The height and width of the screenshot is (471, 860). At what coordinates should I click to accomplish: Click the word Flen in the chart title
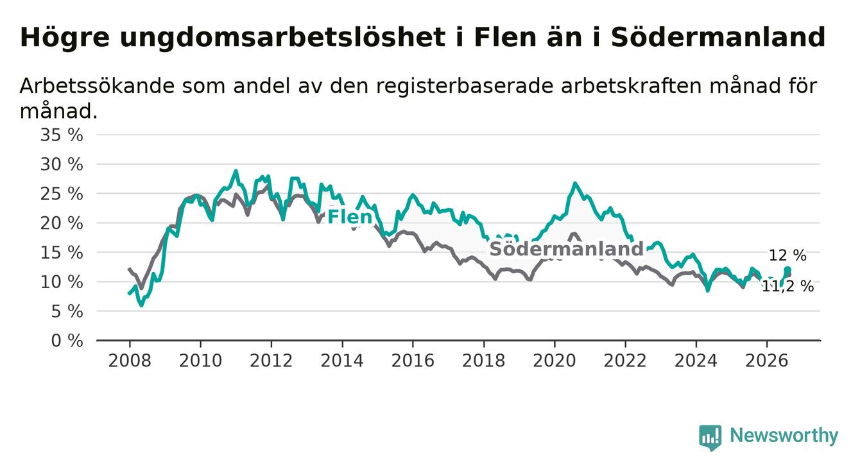point(504,37)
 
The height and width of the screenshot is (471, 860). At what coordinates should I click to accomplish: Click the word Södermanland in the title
point(718,37)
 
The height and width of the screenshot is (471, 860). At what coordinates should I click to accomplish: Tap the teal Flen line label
point(350,217)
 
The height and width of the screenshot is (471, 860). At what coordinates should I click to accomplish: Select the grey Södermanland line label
point(566,249)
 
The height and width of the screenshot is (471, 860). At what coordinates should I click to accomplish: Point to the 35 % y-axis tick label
point(62,135)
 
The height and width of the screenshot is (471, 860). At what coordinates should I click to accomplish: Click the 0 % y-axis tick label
point(67,341)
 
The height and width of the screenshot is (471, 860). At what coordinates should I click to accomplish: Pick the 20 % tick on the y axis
point(62,223)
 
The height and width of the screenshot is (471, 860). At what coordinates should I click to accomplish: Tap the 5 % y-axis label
point(67,311)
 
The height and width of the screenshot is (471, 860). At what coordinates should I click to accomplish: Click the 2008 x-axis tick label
point(130,361)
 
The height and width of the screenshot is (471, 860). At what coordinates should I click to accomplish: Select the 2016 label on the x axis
point(413,361)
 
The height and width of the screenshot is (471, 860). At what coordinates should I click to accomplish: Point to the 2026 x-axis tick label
point(767,361)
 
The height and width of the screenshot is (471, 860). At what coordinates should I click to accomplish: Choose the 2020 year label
point(555,361)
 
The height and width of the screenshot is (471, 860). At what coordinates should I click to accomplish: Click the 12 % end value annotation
point(787,255)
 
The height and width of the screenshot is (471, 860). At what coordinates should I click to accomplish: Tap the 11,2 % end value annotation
point(787,286)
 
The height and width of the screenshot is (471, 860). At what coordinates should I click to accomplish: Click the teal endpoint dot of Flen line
point(787,270)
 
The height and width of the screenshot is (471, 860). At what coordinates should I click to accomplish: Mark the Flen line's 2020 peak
point(575,184)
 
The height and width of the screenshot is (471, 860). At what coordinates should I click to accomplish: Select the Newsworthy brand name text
point(784,436)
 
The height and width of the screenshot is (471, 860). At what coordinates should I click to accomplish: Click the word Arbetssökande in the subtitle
point(98,85)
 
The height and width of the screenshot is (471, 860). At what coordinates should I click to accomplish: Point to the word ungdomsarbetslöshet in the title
point(282,38)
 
